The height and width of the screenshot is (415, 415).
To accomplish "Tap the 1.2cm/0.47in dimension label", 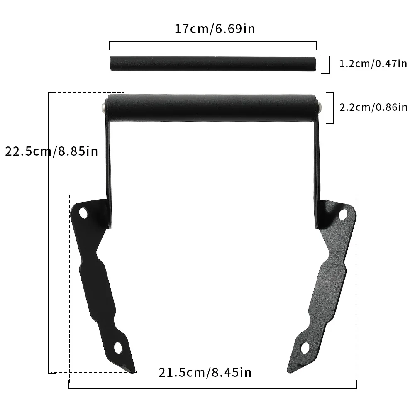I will (373, 64).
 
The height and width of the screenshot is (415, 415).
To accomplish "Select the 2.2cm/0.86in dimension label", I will (373, 107).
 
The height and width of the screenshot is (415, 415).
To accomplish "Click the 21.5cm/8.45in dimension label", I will (205, 372).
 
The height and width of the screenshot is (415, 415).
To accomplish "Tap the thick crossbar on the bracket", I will (212, 107).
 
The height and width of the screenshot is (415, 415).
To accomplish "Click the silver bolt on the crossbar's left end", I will (102, 107).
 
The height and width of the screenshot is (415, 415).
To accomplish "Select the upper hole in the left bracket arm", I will (83, 214).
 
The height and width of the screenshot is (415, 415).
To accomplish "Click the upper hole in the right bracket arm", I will (343, 215).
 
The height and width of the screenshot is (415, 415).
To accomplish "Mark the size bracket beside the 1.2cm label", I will (327, 64).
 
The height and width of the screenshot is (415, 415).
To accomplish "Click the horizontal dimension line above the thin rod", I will (212, 42).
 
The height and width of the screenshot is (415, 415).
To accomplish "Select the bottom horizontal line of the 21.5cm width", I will (212, 388).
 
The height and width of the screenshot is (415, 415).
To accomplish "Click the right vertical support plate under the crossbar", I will (317, 174).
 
